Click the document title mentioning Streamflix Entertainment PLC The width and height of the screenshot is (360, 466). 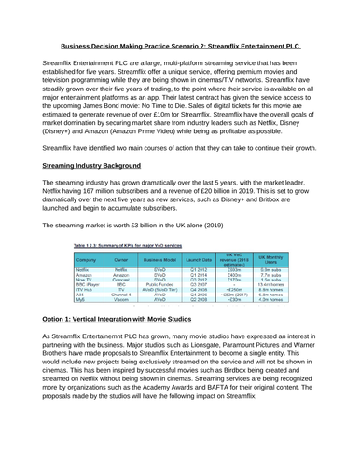pyautogui.click(x=179, y=44)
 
